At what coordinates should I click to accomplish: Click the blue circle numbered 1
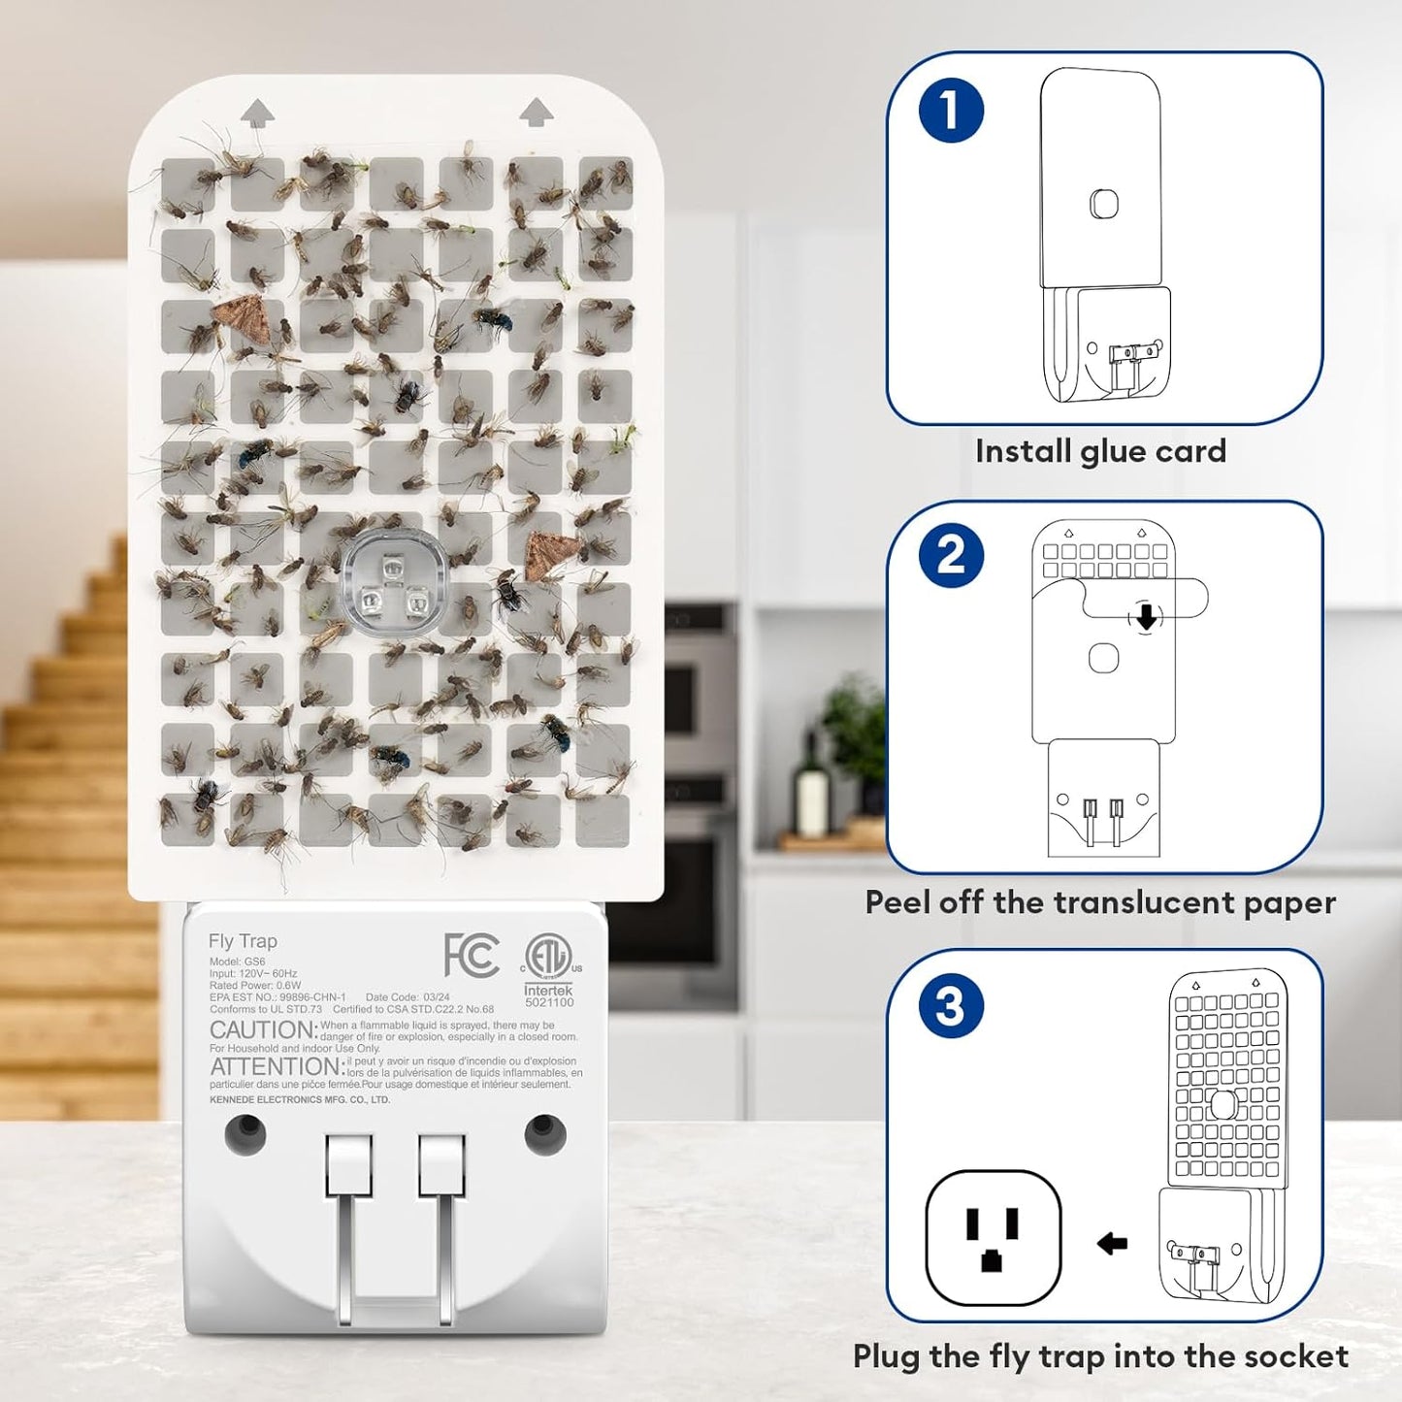(951, 110)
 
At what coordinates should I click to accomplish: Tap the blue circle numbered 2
(951, 556)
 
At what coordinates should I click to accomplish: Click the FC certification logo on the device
(472, 956)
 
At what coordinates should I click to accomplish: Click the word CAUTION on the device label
(262, 1030)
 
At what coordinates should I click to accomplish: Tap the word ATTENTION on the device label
(276, 1066)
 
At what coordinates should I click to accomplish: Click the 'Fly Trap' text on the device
(243, 941)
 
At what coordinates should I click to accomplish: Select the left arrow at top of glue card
(257, 113)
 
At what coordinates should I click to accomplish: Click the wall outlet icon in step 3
(993, 1238)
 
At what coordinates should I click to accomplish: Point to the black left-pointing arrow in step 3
(1112, 1243)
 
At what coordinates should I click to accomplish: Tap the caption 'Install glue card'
(1100, 451)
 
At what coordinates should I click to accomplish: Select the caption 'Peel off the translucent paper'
(1100, 902)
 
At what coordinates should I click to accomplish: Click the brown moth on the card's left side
(243, 319)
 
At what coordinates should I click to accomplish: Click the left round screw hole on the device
(245, 1132)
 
